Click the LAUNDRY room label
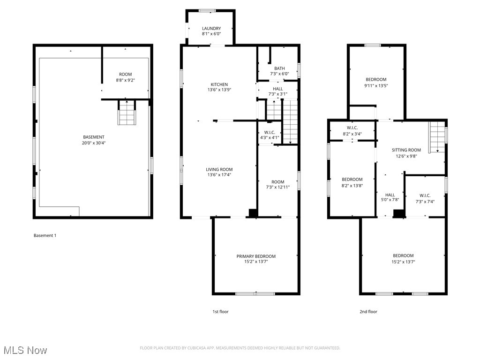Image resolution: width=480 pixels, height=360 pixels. click(x=211, y=29)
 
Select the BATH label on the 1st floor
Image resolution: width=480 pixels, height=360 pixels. click(x=279, y=68)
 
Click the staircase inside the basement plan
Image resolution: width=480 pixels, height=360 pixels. click(x=126, y=113)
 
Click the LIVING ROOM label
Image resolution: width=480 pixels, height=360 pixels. click(x=219, y=169)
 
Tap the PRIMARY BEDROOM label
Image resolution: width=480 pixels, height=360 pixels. click(x=255, y=256)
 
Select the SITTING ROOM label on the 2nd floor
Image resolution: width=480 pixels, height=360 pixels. click(x=406, y=150)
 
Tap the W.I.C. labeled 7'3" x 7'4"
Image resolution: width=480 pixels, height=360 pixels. click(x=425, y=195)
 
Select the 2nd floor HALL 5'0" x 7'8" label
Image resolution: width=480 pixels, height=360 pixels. click(x=390, y=195)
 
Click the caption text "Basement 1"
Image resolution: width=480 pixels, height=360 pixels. click(x=45, y=235)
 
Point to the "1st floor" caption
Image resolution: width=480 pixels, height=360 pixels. click(x=220, y=311)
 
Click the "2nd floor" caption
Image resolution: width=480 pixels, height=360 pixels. click(x=368, y=311)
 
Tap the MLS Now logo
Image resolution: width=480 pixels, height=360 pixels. click(x=25, y=350)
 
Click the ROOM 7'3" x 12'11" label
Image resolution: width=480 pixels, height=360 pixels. click(x=277, y=182)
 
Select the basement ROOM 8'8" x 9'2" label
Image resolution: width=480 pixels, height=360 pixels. click(x=125, y=74)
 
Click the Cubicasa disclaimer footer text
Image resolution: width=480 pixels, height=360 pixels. click(x=240, y=348)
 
